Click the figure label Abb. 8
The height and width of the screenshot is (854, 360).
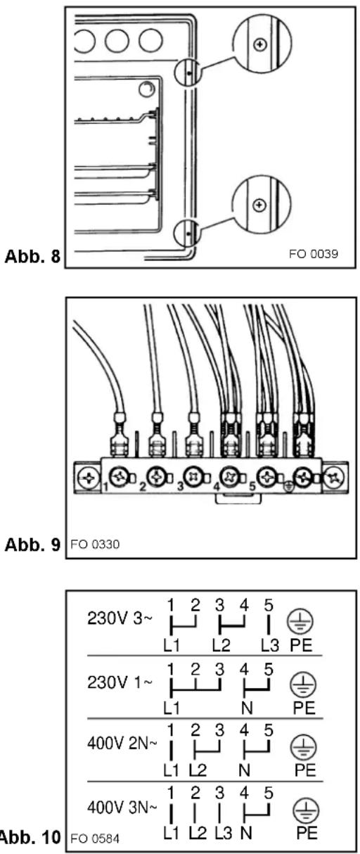point(32,257)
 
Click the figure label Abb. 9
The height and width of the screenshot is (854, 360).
point(32,544)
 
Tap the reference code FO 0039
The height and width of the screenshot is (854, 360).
point(313,254)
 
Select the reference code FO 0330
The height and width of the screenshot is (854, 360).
point(95,544)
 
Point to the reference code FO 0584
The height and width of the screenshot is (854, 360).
point(95,839)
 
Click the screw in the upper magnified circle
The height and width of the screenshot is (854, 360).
point(260,44)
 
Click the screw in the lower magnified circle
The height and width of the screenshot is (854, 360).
point(259,205)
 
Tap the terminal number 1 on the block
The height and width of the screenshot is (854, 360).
point(105,487)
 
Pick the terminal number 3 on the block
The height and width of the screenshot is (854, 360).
point(180,487)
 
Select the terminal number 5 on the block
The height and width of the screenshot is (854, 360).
point(252,487)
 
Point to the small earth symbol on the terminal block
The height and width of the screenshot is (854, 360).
point(289,487)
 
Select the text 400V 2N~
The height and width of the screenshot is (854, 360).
point(122,743)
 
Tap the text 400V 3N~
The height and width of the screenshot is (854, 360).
point(122,807)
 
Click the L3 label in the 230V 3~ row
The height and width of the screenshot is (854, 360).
point(270,646)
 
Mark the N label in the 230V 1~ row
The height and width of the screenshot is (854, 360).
point(247,708)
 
